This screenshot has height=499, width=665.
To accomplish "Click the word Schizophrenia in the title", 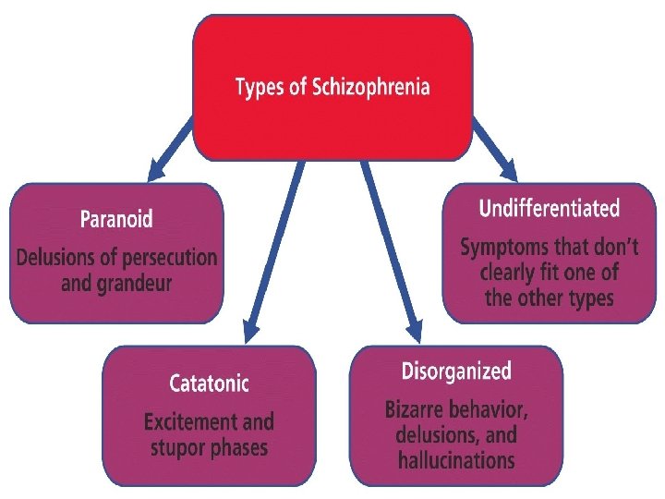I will pos(370,88).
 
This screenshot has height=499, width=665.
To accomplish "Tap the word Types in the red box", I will pos(260,88).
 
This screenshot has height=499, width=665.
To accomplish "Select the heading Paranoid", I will pos(116,220).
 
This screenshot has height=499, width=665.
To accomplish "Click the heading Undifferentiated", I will pos(549,208).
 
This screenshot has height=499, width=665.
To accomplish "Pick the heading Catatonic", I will pos(210,382).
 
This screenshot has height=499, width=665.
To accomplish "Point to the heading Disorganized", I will pos(455,371).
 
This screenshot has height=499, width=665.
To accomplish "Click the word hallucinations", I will pos(455,459).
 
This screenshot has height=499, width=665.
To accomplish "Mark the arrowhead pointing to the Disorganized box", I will pos(412,329).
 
